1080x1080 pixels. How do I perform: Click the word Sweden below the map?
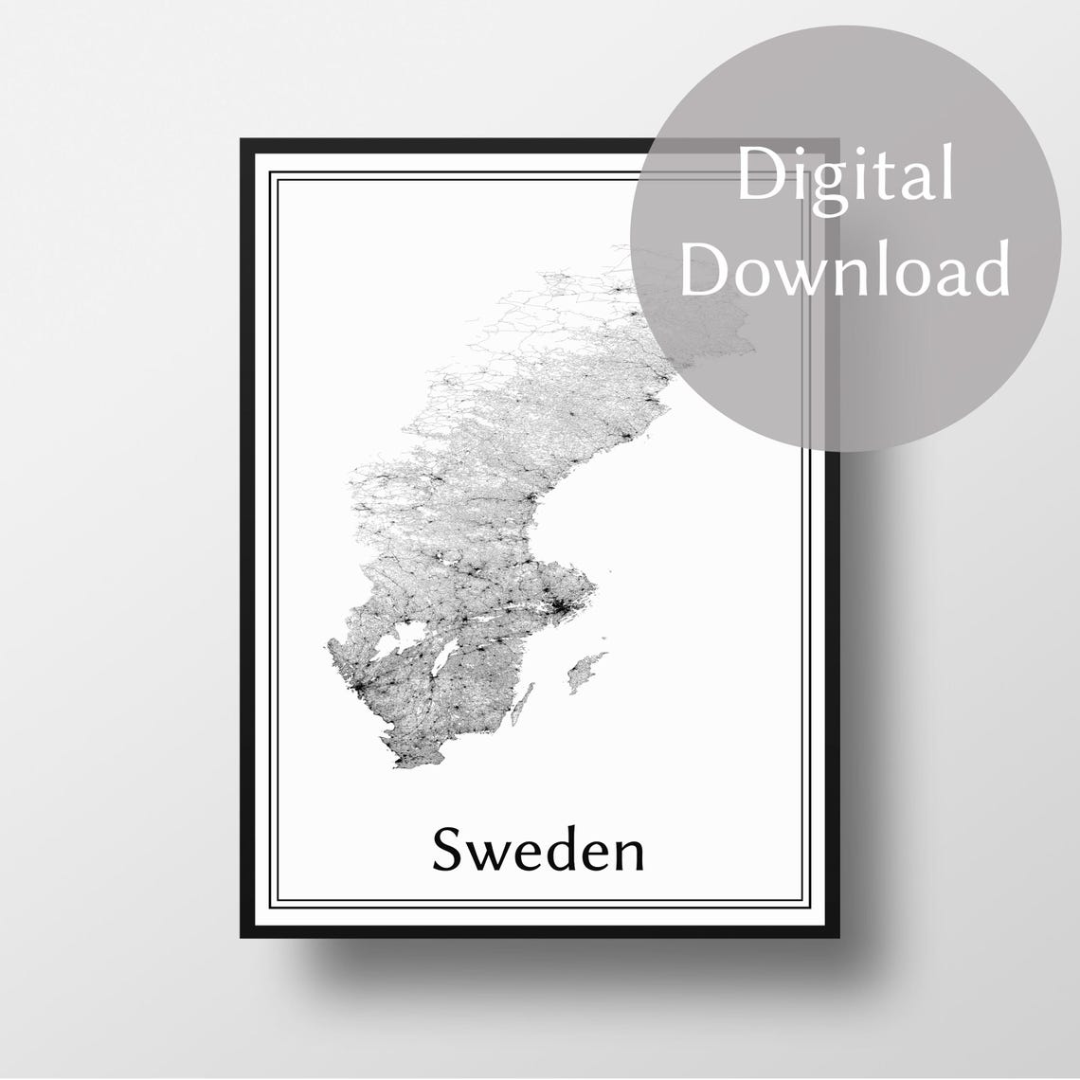pyautogui.click(x=538, y=850)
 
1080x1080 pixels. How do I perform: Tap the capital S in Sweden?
pyautogui.click(x=448, y=850)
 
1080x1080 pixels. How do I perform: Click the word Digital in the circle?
pyautogui.click(x=845, y=177)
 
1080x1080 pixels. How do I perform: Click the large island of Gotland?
pyautogui.click(x=585, y=672)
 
